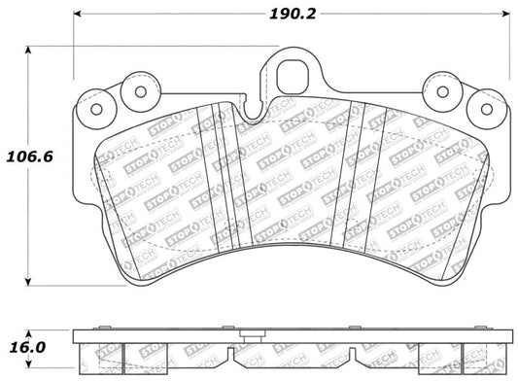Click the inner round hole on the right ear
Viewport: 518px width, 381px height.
tap(443, 92)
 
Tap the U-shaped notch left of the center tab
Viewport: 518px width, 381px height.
tap(255, 114)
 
